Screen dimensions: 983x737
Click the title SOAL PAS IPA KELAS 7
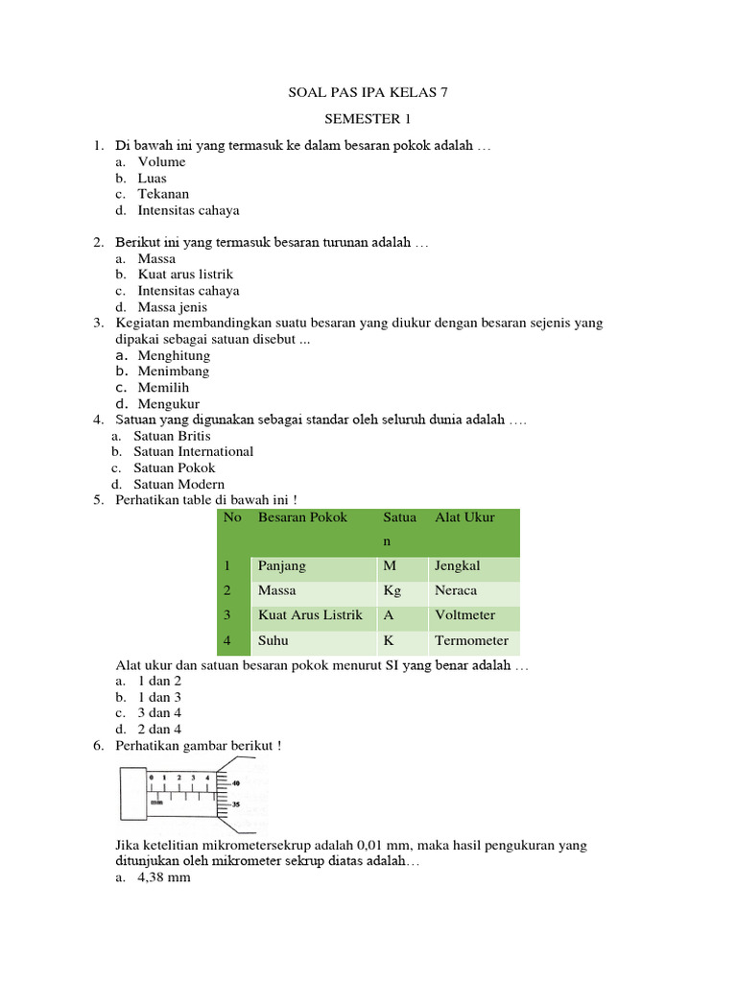(x=368, y=93)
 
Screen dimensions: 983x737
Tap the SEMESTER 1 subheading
(x=368, y=119)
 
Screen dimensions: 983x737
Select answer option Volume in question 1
(x=161, y=162)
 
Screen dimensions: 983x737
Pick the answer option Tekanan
(x=163, y=194)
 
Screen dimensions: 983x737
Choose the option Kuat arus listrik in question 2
(x=185, y=275)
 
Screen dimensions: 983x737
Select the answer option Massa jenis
(x=173, y=307)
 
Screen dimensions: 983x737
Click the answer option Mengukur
(x=169, y=404)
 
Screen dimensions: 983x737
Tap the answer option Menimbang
(x=173, y=372)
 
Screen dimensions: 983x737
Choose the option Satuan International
(x=193, y=451)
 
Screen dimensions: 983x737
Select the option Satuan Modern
(x=178, y=484)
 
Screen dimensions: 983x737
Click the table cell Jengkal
(x=457, y=566)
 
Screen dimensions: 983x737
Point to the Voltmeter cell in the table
(x=464, y=615)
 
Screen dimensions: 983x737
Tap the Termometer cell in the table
(x=471, y=640)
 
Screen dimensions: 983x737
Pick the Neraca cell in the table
(x=455, y=590)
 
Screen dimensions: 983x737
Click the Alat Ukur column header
(x=464, y=517)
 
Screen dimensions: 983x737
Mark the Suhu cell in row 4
(x=273, y=640)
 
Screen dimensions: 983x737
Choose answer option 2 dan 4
(x=159, y=730)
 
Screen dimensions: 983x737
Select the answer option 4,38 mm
(x=164, y=876)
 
